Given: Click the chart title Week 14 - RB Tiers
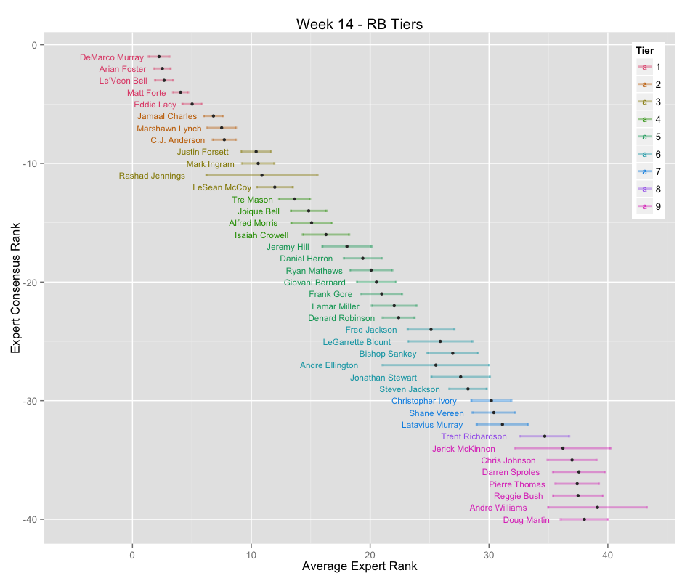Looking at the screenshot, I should pyautogui.click(x=359, y=24).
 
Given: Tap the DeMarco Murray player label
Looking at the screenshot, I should pyautogui.click(x=112, y=57).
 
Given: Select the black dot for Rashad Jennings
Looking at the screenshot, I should pyautogui.click(x=262, y=175).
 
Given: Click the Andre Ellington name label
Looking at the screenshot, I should pyautogui.click(x=329, y=365).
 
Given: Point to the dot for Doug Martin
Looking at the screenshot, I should pyautogui.click(x=584, y=519).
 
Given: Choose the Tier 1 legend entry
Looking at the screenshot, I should pyautogui.click(x=648, y=67).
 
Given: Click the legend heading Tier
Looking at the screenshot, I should pyautogui.click(x=644, y=50).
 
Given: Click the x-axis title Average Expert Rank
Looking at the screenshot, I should pyautogui.click(x=359, y=567).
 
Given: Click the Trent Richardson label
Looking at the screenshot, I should pyautogui.click(x=474, y=436).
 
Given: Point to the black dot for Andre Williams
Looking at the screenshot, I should pyautogui.click(x=598, y=508).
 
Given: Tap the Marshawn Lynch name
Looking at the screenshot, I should pyautogui.click(x=169, y=129).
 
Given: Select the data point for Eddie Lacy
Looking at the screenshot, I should pyautogui.click(x=192, y=105).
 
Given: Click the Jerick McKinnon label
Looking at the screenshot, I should pyautogui.click(x=463, y=449).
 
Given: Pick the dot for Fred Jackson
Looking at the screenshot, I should pyautogui.click(x=431, y=330).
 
